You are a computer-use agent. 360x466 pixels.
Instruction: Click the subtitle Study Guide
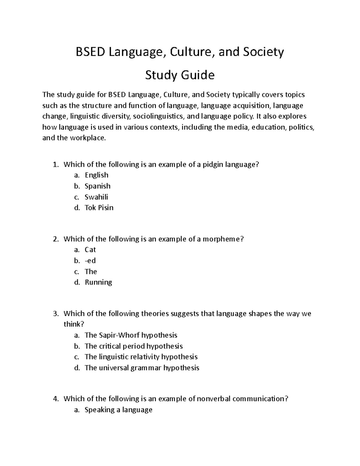pyautogui.click(x=180, y=75)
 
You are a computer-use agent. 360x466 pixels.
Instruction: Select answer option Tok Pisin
pyautogui.click(x=99, y=208)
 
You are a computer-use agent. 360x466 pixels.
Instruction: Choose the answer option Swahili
pyautogui.click(x=96, y=197)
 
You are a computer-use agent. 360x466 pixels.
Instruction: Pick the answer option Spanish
pyautogui.click(x=97, y=186)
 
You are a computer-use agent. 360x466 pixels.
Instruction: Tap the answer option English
pyautogui.click(x=96, y=175)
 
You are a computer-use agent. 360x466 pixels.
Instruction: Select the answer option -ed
pyautogui.click(x=90, y=260)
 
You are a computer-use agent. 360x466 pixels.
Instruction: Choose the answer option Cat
pyautogui.click(x=90, y=250)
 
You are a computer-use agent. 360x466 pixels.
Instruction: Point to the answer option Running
pyautogui.click(x=98, y=282)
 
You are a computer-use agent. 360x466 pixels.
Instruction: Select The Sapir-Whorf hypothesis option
pyautogui.click(x=131, y=335)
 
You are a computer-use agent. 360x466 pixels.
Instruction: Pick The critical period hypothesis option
pyautogui.click(x=133, y=346)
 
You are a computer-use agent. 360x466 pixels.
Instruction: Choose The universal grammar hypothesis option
pyautogui.click(x=142, y=368)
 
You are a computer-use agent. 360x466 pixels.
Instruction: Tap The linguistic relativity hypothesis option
pyautogui.click(x=141, y=357)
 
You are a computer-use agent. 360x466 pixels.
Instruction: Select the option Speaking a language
pyautogui.click(x=118, y=410)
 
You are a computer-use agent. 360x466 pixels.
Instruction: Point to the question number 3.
pyautogui.click(x=55, y=314)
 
